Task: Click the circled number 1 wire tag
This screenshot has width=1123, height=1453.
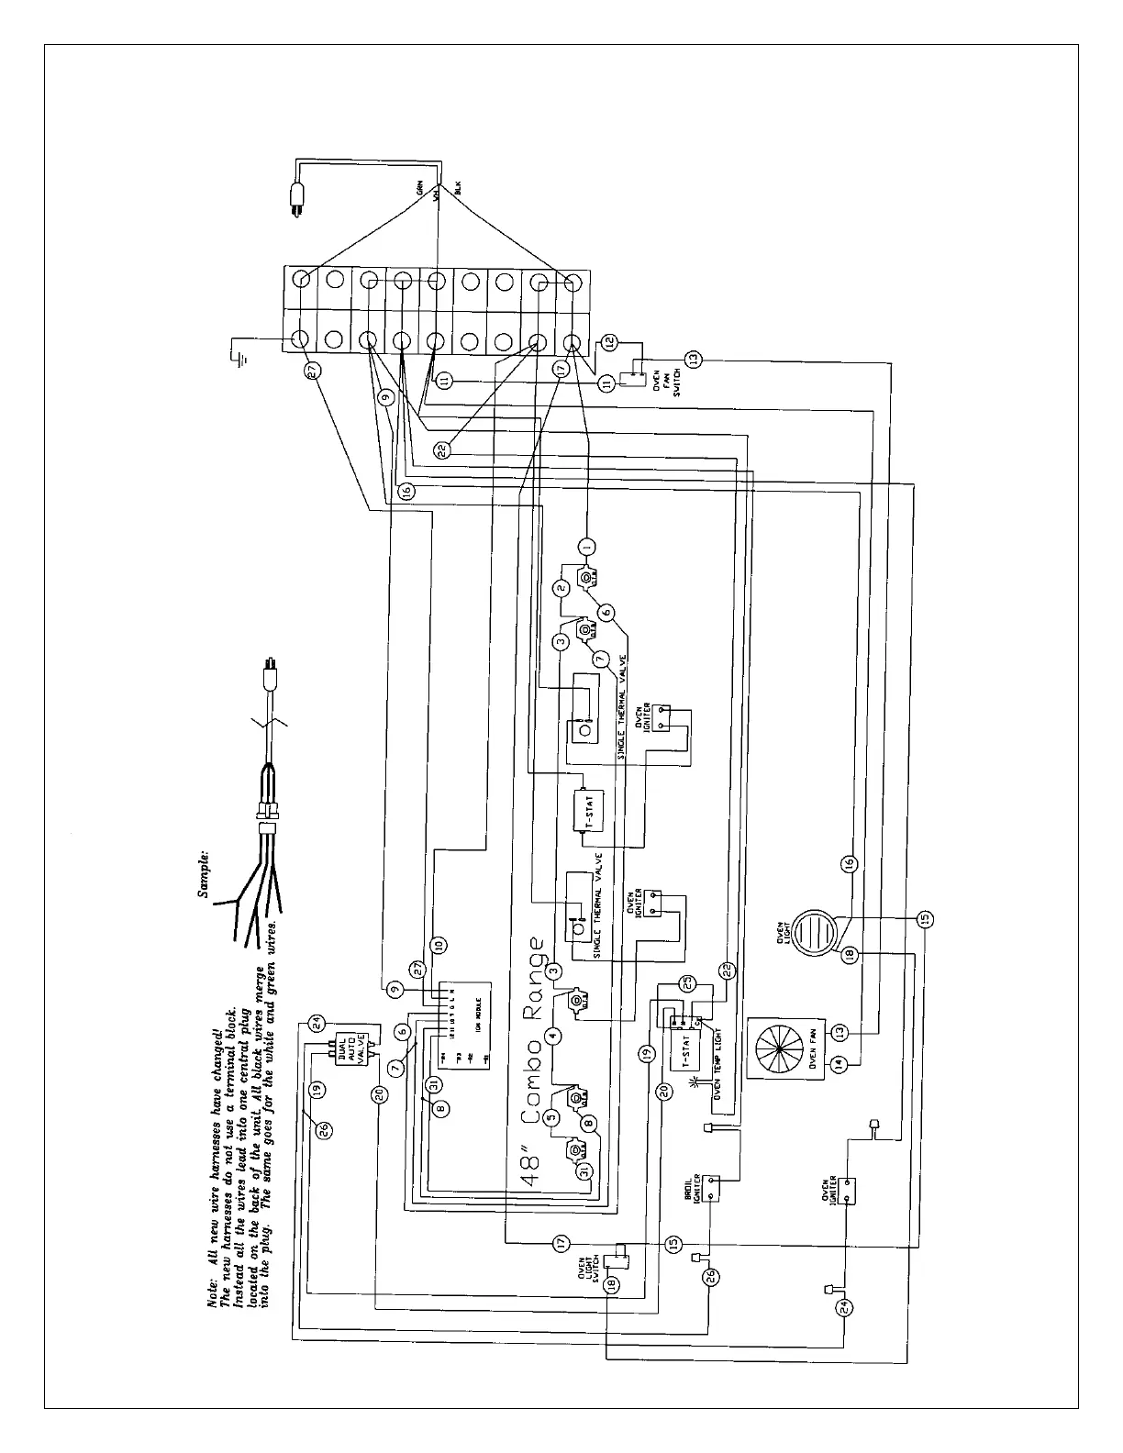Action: point(587,546)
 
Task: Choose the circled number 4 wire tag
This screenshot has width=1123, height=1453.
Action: point(552,1036)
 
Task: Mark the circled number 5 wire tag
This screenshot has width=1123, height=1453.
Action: point(551,1116)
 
